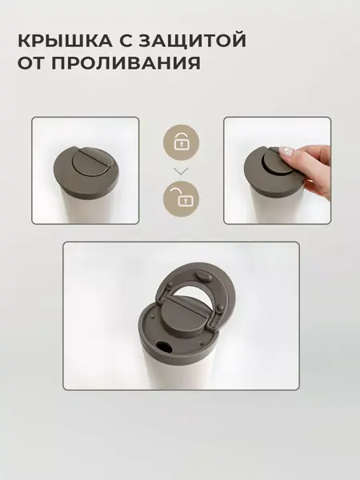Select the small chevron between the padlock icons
coord(180,170)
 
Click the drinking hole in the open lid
coord(164,348)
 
